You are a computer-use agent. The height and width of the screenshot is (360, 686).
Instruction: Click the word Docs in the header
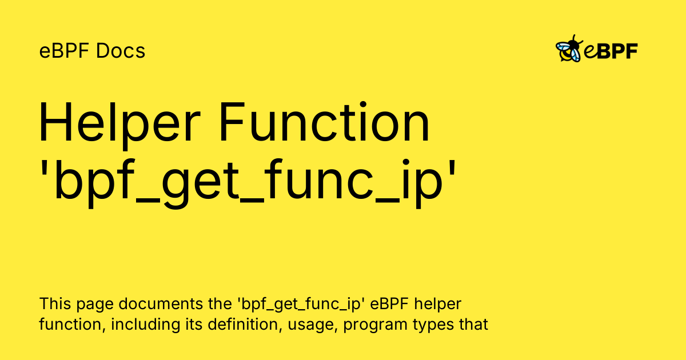(x=121, y=51)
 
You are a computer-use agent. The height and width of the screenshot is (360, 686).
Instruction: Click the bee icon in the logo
(x=569, y=49)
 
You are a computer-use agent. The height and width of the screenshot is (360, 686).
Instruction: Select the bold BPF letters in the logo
(x=617, y=51)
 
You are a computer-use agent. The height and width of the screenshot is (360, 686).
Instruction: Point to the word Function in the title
(x=324, y=122)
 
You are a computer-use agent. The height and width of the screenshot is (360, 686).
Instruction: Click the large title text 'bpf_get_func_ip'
(x=248, y=183)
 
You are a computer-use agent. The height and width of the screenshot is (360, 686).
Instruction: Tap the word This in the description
(x=55, y=303)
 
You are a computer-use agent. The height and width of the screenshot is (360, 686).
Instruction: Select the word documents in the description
(x=161, y=303)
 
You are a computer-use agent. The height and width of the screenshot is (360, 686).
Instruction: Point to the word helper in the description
(x=438, y=305)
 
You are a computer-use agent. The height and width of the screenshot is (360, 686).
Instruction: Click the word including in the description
(x=145, y=325)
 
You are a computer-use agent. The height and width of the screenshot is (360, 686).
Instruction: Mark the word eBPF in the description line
(x=389, y=303)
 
